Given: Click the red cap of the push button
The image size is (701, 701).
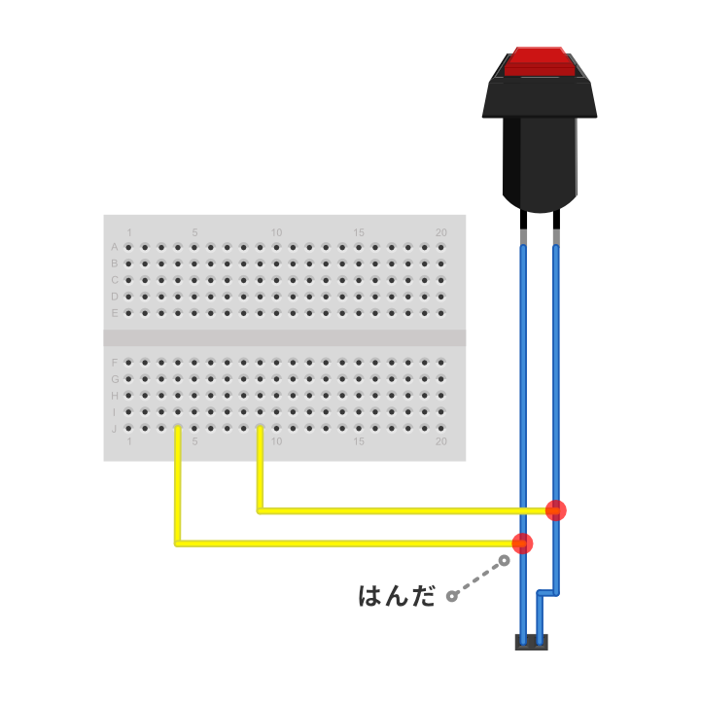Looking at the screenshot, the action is tap(540, 61).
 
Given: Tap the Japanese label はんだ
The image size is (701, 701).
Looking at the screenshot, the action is tap(397, 596).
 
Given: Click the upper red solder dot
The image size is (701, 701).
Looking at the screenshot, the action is tap(556, 510).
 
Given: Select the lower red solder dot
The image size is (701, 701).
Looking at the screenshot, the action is tap(522, 543).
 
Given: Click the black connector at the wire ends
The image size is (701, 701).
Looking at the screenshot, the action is tap(532, 642).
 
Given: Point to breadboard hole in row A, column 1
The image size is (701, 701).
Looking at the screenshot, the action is tap(128, 247).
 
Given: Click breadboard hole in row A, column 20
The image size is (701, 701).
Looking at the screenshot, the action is tap(440, 247).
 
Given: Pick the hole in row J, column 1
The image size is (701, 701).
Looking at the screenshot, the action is tap(128, 429).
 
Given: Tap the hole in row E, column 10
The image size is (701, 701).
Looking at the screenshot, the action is tap(276, 313).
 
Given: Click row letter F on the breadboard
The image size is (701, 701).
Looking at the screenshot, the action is tap(115, 363).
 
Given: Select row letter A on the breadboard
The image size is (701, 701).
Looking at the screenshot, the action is tap(115, 247).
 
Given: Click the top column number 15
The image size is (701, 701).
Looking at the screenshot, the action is tap(359, 232).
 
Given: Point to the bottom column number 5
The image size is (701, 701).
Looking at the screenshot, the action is tap(194, 441).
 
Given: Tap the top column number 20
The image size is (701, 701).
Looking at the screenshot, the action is tap(440, 232).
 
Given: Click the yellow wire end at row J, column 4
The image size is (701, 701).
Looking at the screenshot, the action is tap(178, 429).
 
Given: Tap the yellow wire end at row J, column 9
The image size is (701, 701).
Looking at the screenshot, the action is tap(260, 429).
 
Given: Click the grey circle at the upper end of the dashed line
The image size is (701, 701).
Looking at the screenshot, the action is tap(504, 560).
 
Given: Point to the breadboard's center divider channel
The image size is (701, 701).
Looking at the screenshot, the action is tap(285, 338).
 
